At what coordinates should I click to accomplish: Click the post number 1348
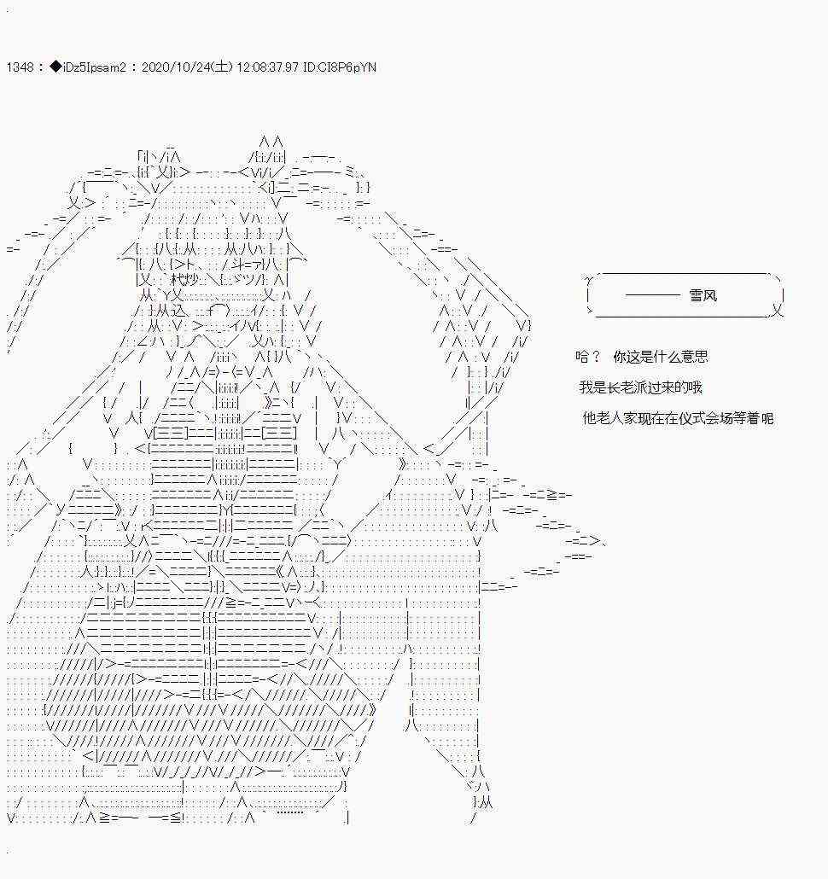click(x=20, y=67)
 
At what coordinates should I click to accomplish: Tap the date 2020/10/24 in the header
click(x=176, y=67)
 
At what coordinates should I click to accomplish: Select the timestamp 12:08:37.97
click(x=267, y=67)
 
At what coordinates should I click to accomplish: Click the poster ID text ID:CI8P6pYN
click(x=340, y=67)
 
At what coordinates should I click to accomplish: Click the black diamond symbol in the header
click(x=55, y=67)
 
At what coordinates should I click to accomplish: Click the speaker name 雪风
click(x=703, y=295)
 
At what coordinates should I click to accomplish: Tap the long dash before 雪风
click(x=652, y=295)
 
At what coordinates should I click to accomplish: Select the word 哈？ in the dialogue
click(x=588, y=357)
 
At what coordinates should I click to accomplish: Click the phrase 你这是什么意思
click(x=661, y=357)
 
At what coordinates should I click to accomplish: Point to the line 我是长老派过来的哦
click(x=641, y=387)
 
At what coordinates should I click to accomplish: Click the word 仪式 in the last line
click(x=691, y=418)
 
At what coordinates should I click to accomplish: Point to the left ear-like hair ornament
click(x=158, y=164)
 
